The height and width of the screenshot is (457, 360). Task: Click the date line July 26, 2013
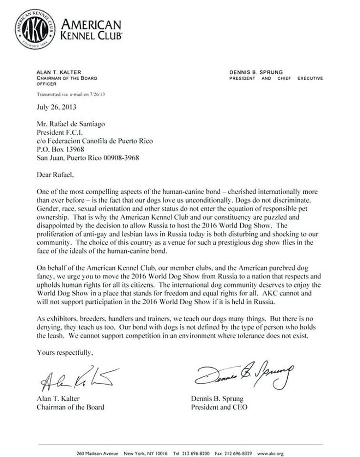(x=57, y=106)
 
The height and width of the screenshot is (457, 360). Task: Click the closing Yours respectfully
(x=65, y=352)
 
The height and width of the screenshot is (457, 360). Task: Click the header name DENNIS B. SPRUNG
(x=256, y=71)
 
